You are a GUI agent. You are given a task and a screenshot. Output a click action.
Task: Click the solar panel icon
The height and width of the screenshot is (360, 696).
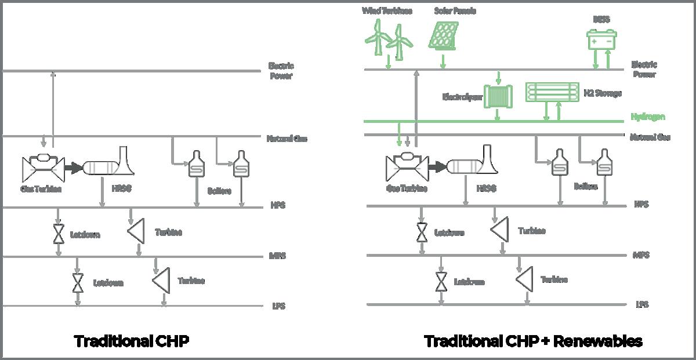coord(444,35)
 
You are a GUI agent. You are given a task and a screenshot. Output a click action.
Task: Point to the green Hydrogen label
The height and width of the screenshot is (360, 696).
coord(648,117)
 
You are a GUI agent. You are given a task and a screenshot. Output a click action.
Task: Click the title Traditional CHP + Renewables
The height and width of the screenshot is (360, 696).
coord(533,341)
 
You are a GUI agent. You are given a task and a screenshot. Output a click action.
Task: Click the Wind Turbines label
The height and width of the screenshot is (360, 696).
coord(387,11)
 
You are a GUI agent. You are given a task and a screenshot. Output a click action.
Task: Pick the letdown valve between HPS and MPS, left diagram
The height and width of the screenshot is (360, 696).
coord(58,234)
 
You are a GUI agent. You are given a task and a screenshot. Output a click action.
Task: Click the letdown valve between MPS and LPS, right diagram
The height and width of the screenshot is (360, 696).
coord(441,281)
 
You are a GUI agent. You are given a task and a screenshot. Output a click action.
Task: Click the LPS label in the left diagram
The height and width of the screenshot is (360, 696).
coord(279,306)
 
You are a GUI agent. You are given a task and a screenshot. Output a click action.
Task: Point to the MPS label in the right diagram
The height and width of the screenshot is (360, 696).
coord(641,255)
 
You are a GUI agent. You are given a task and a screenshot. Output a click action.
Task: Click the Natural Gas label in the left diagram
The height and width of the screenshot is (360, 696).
coord(287,139)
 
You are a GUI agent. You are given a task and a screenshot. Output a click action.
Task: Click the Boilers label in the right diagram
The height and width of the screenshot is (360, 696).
coord(585,187)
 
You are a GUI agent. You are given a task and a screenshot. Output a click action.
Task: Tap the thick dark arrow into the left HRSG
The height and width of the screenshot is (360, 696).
coord(74,168)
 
